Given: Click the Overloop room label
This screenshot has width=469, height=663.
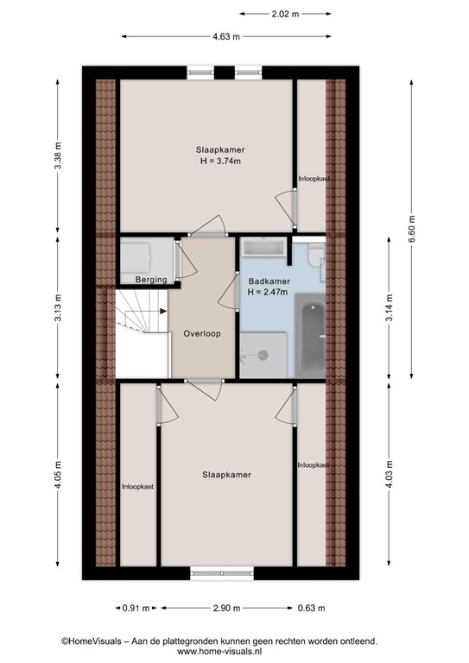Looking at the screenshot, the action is pyautogui.click(x=202, y=333).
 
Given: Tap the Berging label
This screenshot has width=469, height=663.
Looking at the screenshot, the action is pyautogui.click(x=151, y=280).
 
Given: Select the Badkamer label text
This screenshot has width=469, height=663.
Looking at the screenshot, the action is pyautogui.click(x=269, y=281).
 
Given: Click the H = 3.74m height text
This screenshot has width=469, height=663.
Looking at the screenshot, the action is pyautogui.click(x=220, y=161).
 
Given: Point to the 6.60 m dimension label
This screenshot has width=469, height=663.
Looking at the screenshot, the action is pyautogui.click(x=412, y=229).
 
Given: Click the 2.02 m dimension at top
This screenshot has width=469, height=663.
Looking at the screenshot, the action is pyautogui.click(x=285, y=14).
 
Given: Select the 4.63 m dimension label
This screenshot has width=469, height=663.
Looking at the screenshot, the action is pyautogui.click(x=225, y=37).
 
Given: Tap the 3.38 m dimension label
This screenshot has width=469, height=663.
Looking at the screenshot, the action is pyautogui.click(x=58, y=155).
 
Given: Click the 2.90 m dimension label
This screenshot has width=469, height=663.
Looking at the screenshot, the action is pyautogui.click(x=226, y=608).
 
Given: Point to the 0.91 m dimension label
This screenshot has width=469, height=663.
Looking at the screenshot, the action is pyautogui.click(x=136, y=608).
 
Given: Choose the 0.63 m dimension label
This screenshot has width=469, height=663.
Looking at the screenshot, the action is pyautogui.click(x=311, y=608).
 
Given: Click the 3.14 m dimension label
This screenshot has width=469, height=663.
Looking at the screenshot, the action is pyautogui.click(x=389, y=307).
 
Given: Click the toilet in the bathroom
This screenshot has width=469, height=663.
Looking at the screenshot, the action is pyautogui.click(x=315, y=255).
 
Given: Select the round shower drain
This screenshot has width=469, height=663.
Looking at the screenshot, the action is pyautogui.click(x=263, y=355).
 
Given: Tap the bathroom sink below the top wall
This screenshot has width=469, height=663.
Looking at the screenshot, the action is pyautogui.click(x=264, y=248).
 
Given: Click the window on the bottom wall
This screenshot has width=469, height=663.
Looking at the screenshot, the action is pyautogui.click(x=222, y=573).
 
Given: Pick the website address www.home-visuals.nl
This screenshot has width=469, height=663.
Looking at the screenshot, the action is pyautogui.click(x=219, y=652).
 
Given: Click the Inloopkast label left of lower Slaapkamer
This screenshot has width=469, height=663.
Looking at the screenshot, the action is pyautogui.click(x=138, y=487).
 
